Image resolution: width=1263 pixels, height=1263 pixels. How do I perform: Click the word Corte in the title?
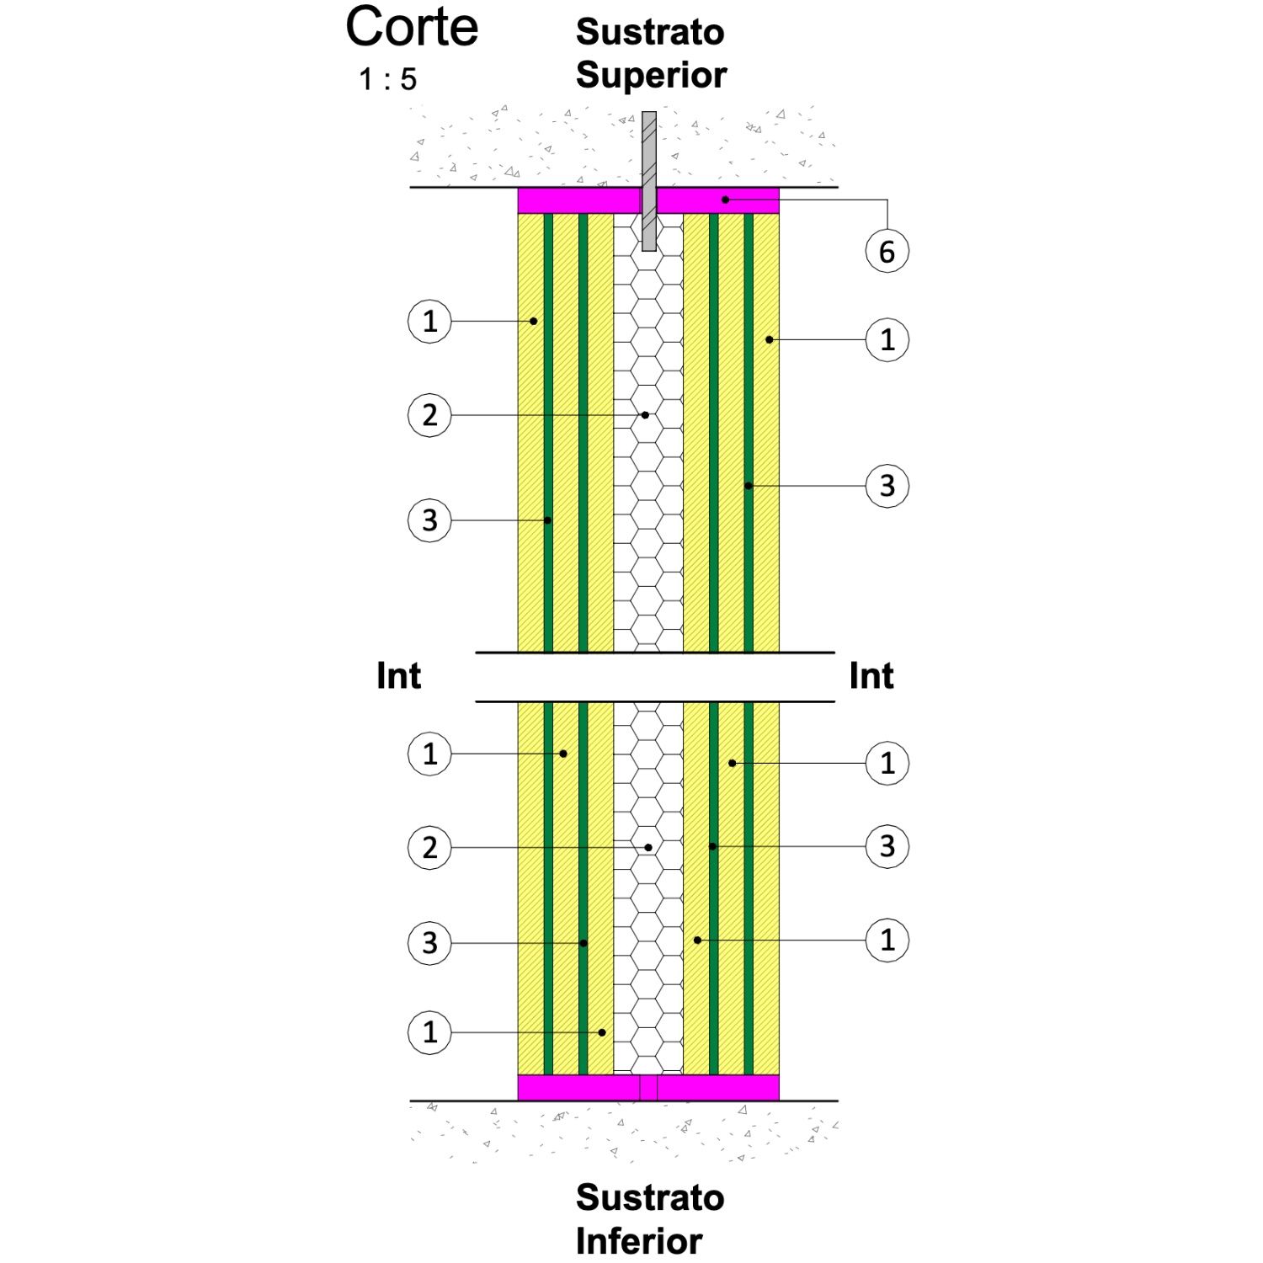click(x=412, y=27)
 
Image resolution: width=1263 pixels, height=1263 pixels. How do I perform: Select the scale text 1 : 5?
click(x=387, y=80)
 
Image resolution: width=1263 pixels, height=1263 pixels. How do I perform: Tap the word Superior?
click(x=651, y=76)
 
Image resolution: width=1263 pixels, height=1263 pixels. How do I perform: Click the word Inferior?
click(x=639, y=1241)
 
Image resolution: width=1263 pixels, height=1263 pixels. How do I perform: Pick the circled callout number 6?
click(x=887, y=252)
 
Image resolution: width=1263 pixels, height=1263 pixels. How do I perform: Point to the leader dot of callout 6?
click(x=725, y=200)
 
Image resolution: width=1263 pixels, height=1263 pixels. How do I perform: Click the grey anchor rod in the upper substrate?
click(x=649, y=181)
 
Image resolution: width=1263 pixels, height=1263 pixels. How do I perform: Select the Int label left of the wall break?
click(x=398, y=676)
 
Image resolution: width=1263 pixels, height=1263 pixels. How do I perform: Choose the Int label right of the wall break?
click(x=871, y=676)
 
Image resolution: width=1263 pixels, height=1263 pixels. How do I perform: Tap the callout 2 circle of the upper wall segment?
click(x=429, y=415)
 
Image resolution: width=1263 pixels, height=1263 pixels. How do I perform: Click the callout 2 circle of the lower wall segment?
click(x=429, y=848)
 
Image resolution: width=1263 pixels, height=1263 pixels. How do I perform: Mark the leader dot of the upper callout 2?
click(x=645, y=415)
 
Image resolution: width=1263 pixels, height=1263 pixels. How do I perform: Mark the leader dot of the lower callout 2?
click(x=648, y=847)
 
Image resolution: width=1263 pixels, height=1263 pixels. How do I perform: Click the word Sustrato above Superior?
click(x=650, y=32)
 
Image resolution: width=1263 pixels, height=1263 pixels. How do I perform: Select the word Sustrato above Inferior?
click(x=650, y=1197)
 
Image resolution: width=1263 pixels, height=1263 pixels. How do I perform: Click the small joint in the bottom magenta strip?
click(x=648, y=1088)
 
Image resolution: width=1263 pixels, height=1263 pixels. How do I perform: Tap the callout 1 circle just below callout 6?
click(x=887, y=340)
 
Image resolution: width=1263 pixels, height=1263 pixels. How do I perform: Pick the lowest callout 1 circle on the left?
click(x=429, y=1032)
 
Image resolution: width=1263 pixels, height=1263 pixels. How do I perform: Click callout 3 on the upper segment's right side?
click(x=887, y=486)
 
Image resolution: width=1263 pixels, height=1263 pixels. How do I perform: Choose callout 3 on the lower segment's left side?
click(x=429, y=943)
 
